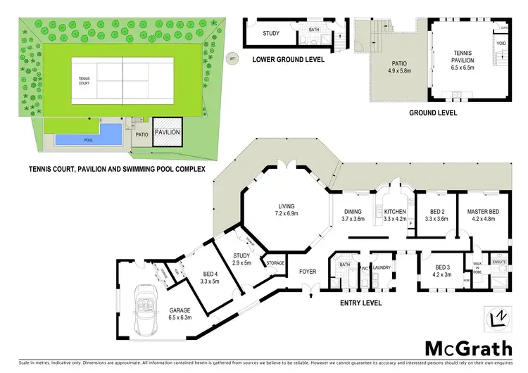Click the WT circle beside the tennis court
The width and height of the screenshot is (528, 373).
tap(231, 58)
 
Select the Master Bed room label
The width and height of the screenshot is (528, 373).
tap(484, 211)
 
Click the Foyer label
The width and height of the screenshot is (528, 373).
tap(308, 271)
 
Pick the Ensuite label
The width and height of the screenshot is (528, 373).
tap(499, 262)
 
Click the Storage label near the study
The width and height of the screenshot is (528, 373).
tap(275, 263)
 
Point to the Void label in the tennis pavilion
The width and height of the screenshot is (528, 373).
tap(501, 44)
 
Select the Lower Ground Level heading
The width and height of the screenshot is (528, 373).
tap(289, 60)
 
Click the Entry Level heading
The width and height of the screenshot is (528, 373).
tap(360, 303)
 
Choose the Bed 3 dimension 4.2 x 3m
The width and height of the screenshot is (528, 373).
tap(443, 275)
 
